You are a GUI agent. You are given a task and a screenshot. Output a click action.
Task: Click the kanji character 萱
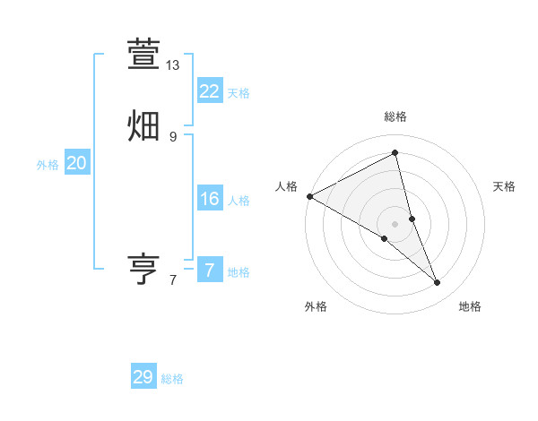143,53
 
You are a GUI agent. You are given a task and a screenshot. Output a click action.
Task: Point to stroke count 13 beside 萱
173,65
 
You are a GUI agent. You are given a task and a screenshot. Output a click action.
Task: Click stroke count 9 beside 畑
173,137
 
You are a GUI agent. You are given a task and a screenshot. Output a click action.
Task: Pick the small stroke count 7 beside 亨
173,280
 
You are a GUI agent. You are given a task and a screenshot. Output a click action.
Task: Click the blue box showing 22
209,91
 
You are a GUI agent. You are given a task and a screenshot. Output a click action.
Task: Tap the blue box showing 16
209,199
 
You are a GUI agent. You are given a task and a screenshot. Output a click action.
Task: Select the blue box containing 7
209,271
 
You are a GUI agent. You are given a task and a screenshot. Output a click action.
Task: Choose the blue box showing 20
76,163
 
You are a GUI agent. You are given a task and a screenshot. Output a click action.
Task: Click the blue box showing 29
143,377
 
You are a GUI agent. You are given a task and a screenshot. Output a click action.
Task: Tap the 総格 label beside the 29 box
172,379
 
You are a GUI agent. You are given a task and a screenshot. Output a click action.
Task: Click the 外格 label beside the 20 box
48,165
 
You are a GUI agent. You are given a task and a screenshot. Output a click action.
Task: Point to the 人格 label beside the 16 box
239,201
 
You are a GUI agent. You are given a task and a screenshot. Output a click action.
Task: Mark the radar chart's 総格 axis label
395,116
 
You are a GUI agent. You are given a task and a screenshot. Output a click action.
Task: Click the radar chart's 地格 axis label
470,306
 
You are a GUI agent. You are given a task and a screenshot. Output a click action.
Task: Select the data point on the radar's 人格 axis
309,196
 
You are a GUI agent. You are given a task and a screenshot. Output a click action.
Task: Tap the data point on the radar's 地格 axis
438,282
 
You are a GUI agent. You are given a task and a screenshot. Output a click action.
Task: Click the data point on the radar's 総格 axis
395,152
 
